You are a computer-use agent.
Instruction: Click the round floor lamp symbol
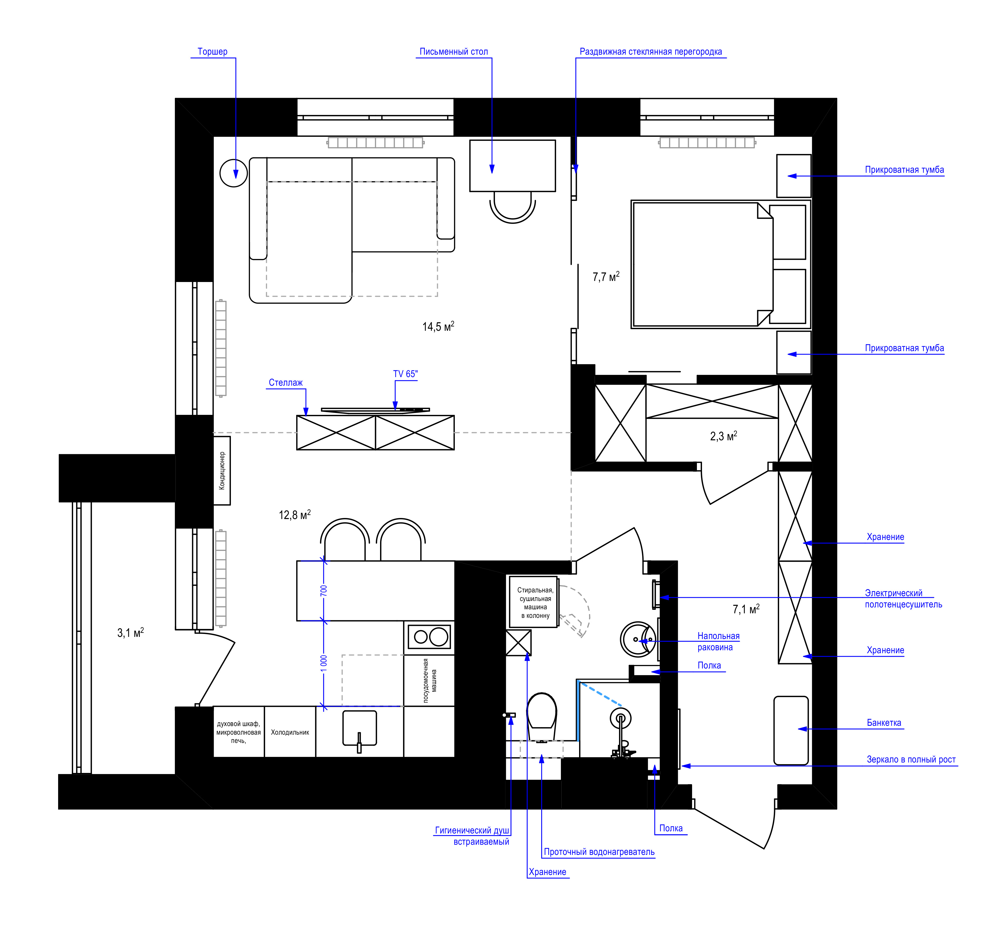click(234, 173)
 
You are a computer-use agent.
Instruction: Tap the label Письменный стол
click(453, 52)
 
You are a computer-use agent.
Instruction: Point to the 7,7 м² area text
click(606, 277)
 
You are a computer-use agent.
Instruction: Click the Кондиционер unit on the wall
click(222, 471)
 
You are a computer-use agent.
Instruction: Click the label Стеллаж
click(286, 383)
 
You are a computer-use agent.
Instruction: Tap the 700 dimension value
click(324, 591)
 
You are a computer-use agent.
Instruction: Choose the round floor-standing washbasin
click(637, 639)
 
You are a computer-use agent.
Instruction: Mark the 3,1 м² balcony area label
click(131, 633)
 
